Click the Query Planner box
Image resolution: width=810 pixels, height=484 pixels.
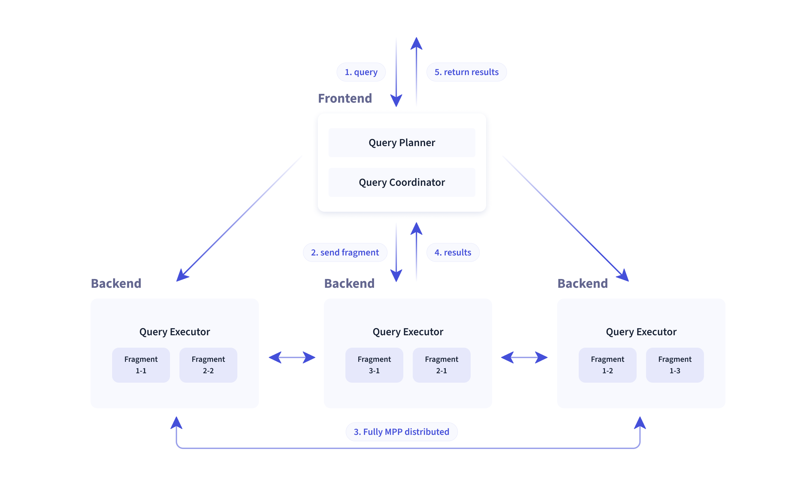402,143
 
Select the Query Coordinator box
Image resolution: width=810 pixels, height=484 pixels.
402,182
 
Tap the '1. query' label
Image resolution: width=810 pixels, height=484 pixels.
361,72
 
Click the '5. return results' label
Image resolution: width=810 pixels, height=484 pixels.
466,72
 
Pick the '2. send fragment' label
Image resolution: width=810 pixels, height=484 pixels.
345,252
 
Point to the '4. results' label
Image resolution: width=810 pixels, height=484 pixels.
452,252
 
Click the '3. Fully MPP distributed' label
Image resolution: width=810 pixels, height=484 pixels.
401,432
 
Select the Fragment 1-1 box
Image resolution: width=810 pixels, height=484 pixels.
141,365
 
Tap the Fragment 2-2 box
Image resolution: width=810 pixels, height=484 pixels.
208,365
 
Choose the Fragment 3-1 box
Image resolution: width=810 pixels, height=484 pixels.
374,365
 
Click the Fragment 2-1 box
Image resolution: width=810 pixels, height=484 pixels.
441,365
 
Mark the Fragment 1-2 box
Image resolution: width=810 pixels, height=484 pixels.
607,365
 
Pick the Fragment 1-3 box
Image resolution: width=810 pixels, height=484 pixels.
675,365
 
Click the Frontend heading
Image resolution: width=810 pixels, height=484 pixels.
345,98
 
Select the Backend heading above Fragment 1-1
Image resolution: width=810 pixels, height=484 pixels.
116,283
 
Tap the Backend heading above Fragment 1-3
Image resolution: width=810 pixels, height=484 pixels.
582,283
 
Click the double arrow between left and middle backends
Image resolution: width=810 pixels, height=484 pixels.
292,357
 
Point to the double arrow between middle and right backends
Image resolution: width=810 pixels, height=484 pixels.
524,357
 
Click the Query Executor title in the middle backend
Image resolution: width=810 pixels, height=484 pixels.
408,332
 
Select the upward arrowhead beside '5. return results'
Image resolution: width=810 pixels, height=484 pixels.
416,44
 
